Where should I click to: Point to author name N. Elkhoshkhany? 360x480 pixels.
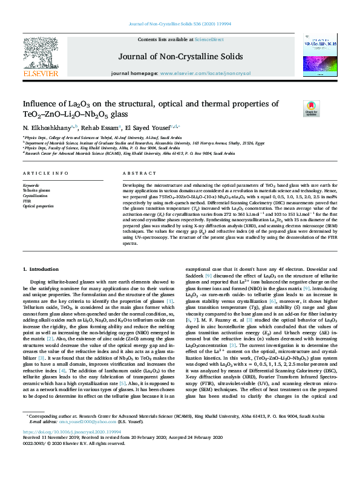point(46,128)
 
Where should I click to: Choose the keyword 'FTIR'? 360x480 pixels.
point(28,201)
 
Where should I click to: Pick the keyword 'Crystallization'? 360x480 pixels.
point(35,196)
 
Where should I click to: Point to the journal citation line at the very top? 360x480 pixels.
point(180,25)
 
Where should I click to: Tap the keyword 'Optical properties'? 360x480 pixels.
point(38,207)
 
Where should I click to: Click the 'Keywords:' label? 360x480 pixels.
point(31,184)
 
